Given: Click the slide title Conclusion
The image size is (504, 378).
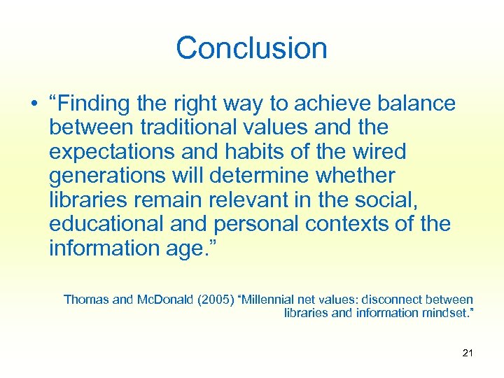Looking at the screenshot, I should [x=251, y=48].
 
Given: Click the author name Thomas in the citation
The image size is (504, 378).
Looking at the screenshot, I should [x=86, y=300].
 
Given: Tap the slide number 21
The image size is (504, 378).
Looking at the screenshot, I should [x=468, y=352].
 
